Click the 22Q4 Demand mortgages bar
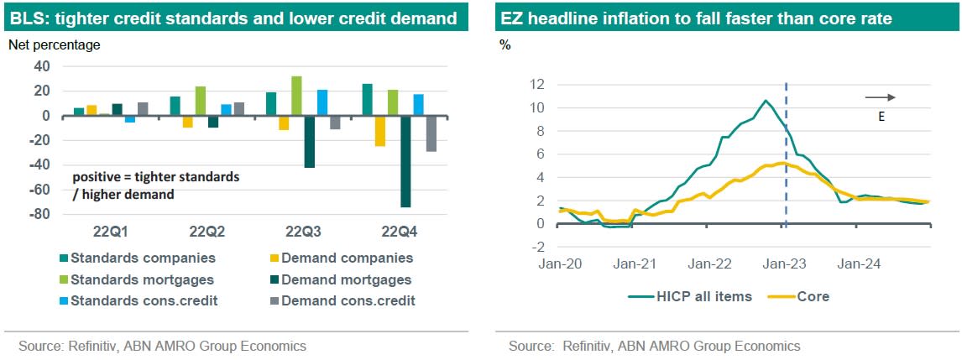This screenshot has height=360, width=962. pos(405,161)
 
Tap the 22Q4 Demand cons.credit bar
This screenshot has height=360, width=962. pos(431,133)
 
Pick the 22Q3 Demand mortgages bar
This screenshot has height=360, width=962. pos(309,142)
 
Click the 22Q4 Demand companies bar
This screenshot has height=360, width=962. pos(380,131)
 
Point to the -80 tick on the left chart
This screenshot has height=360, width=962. pos(39,215)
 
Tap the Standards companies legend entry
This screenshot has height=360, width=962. pos(135,258)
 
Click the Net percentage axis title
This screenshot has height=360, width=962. pos(54,45)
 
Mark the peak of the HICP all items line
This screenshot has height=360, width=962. pos(765,102)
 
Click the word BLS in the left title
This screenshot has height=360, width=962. pos(29,18)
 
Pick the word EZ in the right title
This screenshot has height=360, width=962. pos(512,18)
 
